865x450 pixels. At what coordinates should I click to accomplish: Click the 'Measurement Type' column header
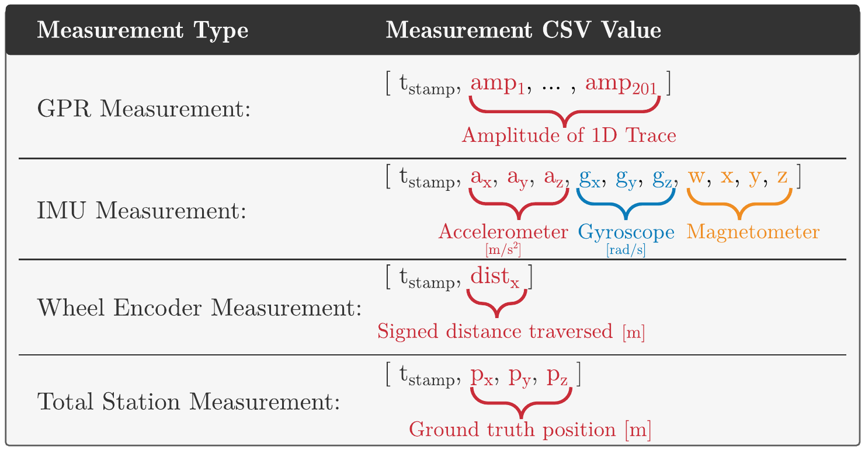pyautogui.click(x=143, y=30)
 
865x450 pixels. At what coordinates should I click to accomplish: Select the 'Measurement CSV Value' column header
pyautogui.click(x=523, y=30)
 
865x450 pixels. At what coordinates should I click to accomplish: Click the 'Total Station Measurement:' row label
pyautogui.click(x=189, y=402)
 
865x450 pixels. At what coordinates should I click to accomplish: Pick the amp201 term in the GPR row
pyautogui.click(x=621, y=85)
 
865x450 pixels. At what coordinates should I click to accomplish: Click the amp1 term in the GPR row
pyautogui.click(x=498, y=85)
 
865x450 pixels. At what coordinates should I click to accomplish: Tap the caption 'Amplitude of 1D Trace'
pyautogui.click(x=569, y=136)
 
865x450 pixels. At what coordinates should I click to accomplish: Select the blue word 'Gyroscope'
pyautogui.click(x=626, y=232)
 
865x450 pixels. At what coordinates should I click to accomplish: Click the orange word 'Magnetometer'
pyautogui.click(x=753, y=232)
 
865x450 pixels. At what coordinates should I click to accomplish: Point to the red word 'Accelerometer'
pyautogui.click(x=503, y=232)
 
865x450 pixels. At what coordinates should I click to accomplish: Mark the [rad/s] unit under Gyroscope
pyautogui.click(x=626, y=251)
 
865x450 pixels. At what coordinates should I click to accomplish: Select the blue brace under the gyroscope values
pyautogui.click(x=626, y=204)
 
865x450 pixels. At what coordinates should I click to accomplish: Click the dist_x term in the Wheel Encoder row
pyautogui.click(x=495, y=278)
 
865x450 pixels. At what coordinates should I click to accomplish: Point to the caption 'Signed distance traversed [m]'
pyautogui.click(x=511, y=332)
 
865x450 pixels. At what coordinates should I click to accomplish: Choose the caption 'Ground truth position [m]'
pyautogui.click(x=530, y=431)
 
